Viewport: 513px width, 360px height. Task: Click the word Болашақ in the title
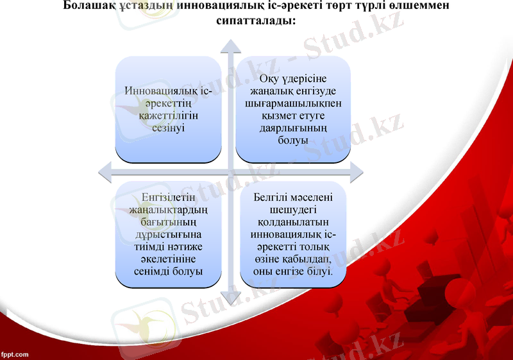90,6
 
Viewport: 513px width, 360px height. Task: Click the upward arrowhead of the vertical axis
230,46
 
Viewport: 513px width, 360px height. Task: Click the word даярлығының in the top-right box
293,128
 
